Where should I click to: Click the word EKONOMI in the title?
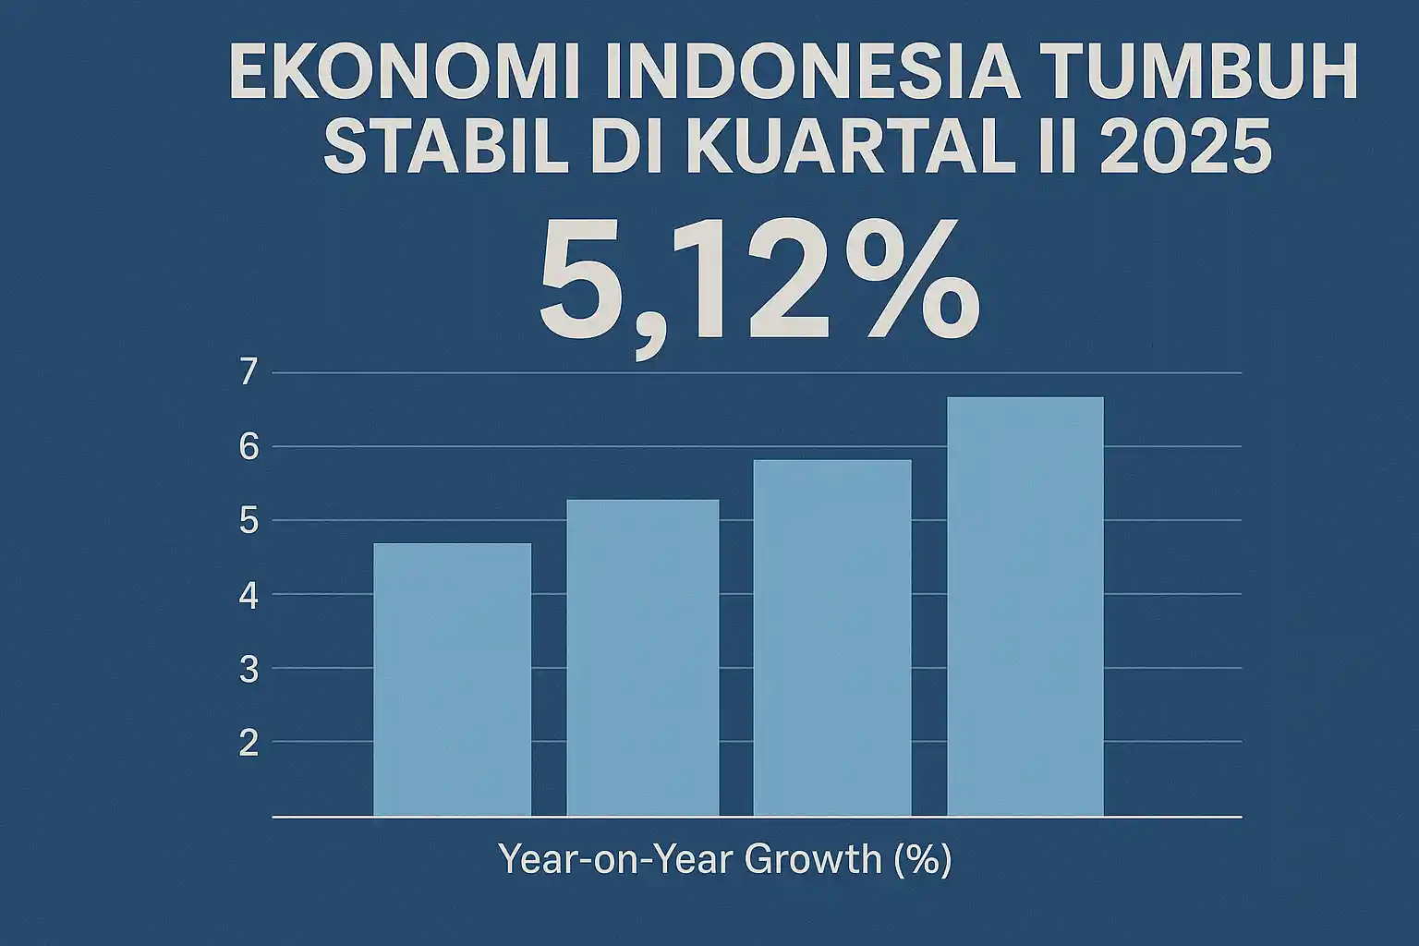point(404,71)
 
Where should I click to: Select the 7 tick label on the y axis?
point(249,373)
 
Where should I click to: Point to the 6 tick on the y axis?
point(249,447)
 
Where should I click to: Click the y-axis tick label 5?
point(249,521)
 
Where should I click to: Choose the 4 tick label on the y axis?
point(249,596)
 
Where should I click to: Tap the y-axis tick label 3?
point(249,670)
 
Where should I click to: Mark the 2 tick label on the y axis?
point(249,744)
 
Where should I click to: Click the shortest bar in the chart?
point(453,680)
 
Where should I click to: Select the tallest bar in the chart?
point(1025,607)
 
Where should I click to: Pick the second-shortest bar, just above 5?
point(643,659)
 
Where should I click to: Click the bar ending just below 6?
point(832,638)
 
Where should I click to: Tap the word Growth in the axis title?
point(812,860)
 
